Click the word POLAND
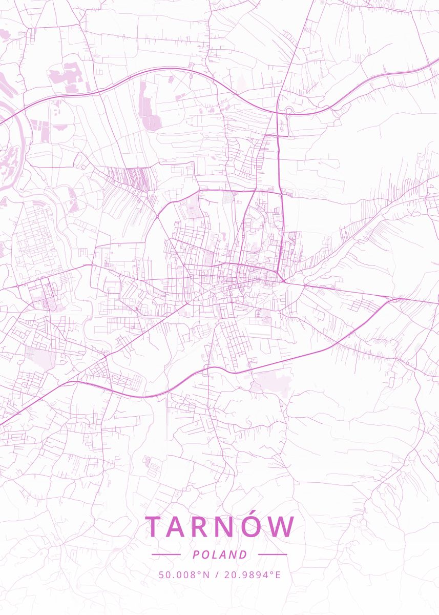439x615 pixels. pos(220,555)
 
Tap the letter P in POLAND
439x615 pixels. pos(196,555)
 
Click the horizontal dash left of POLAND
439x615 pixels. pos(166,555)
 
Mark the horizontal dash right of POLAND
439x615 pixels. pos(273,555)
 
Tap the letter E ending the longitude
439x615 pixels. pos(278,575)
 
